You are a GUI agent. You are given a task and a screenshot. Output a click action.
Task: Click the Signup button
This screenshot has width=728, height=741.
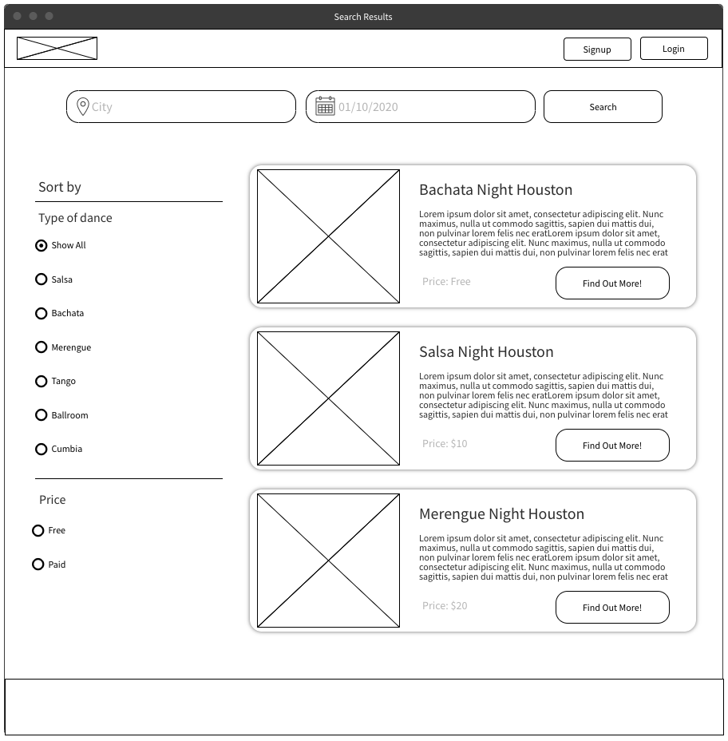coord(597,50)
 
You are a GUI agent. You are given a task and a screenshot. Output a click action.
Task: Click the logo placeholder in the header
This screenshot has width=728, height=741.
coord(57,49)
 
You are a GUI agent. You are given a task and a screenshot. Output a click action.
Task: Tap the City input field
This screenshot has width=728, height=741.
coord(192,107)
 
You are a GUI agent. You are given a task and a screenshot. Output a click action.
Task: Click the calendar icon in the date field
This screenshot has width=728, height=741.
coord(325,106)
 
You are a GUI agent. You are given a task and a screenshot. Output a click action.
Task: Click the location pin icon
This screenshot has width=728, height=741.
coord(82,106)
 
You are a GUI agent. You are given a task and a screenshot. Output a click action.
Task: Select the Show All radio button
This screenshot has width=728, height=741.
coord(42,246)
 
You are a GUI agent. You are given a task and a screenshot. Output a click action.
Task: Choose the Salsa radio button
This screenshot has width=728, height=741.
coord(42,279)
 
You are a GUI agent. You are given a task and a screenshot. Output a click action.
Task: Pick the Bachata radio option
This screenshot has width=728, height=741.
coord(42,314)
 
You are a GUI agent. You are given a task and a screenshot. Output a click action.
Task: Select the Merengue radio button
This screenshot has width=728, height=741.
coord(42,347)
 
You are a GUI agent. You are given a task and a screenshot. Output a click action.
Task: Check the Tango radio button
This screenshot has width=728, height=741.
coord(42,382)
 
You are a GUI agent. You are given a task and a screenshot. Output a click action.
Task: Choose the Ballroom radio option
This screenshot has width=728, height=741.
coord(42,415)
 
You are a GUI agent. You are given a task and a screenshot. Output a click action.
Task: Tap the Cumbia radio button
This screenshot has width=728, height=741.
coord(42,450)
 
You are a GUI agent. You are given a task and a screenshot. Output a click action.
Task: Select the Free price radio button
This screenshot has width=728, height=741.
coord(38,531)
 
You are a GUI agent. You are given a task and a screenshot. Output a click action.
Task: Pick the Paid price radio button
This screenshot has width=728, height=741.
coord(38,565)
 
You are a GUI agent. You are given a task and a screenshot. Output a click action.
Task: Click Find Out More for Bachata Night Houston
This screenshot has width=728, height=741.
coord(612,283)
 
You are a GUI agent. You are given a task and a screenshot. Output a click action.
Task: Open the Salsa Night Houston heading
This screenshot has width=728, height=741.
coord(486,352)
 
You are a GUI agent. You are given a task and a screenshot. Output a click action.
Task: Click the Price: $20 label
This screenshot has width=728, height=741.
coord(445,606)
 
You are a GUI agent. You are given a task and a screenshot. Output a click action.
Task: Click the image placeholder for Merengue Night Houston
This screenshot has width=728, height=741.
coord(328,561)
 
